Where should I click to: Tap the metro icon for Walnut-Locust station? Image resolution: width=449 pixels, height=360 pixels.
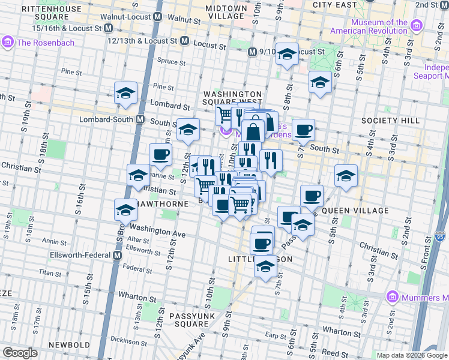pos(157,17)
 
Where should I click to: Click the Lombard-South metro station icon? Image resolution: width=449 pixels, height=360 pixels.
pos(140,119)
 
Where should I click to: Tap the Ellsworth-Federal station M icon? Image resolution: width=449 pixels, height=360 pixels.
pos(119,256)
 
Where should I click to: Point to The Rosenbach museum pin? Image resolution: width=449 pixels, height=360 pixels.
pos(8,42)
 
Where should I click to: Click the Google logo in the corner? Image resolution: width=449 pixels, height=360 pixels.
pos(20,352)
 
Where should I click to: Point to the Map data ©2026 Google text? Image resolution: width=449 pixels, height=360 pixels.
pos(412,355)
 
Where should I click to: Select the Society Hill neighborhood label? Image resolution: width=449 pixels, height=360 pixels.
pos(390,121)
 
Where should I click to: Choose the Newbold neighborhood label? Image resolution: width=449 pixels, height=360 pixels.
pos(69,346)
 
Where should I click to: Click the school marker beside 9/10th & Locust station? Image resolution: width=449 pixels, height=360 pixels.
pos(287,55)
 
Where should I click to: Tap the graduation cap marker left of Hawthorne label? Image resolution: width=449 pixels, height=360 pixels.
pos(125,211)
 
